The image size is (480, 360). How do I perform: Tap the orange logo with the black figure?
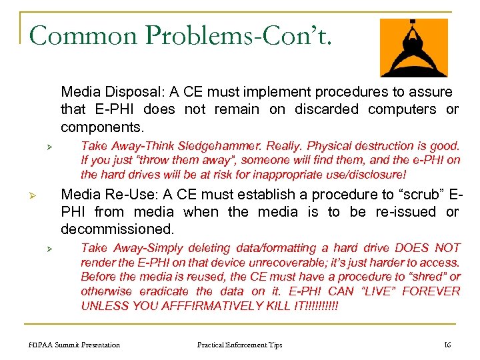(x=413, y=47)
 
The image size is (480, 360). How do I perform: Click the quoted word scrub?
(x=413, y=195)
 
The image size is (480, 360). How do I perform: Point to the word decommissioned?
(x=117, y=229)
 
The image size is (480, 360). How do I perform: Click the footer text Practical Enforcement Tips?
(x=239, y=345)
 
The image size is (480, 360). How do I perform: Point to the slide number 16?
(x=447, y=345)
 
